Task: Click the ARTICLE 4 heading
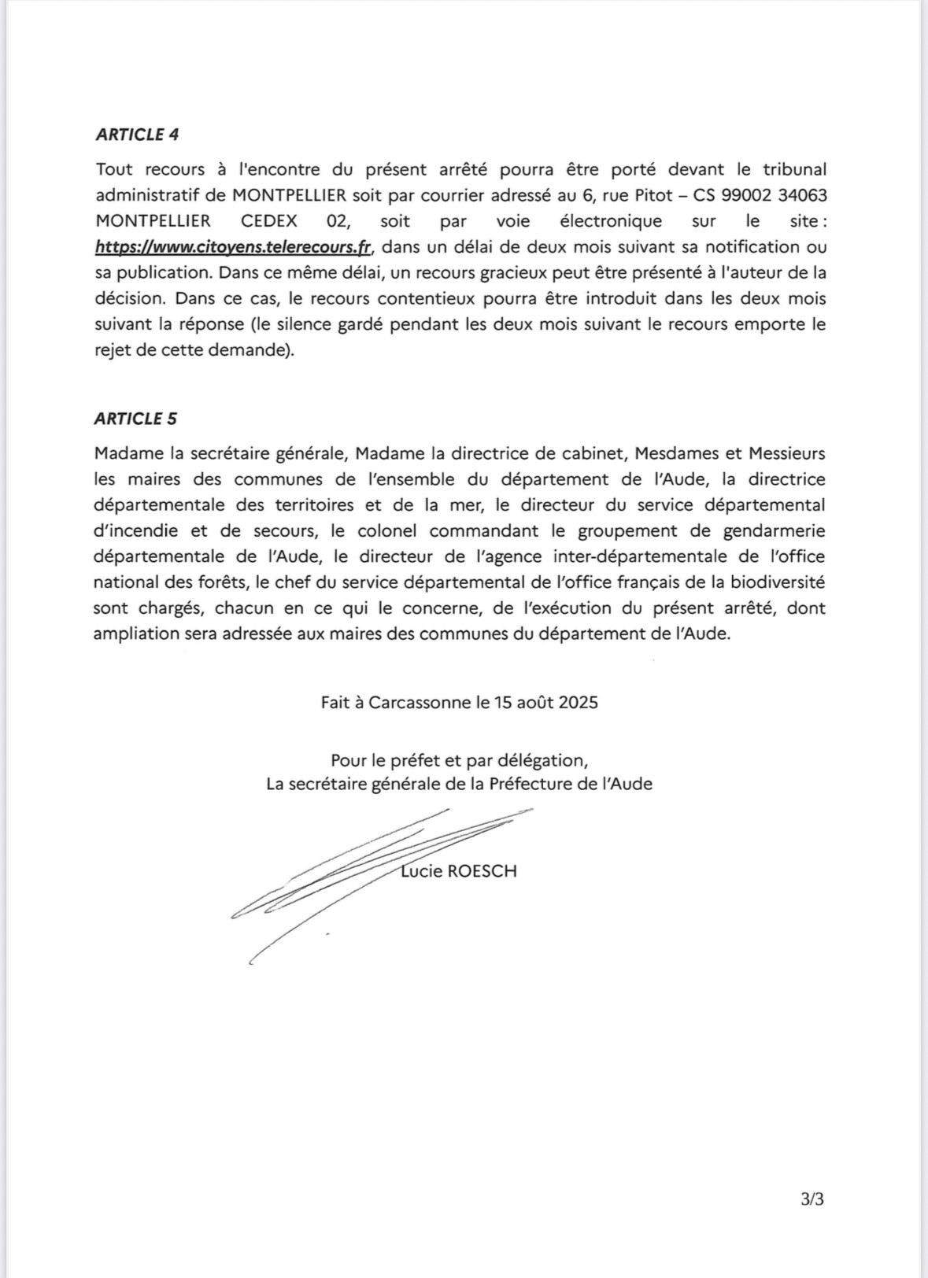[137, 135]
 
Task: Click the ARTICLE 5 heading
[135, 419]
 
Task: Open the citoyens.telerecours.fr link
[233, 247]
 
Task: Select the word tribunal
[794, 170]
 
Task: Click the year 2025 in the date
[578, 702]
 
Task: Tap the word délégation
[545, 761]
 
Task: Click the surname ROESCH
[481, 871]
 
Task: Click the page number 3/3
[812, 1200]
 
